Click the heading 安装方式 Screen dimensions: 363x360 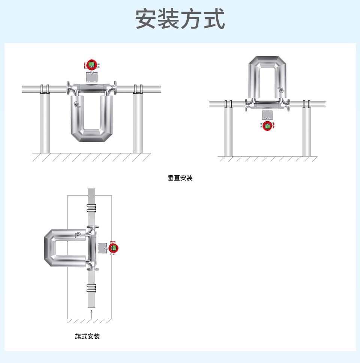click(x=180, y=20)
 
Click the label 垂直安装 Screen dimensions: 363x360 click(x=180, y=178)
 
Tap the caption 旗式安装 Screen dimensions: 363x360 click(x=87, y=336)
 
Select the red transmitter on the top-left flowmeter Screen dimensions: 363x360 click(x=91, y=65)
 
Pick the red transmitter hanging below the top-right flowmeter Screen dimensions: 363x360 click(x=267, y=125)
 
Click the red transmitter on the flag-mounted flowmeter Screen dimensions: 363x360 click(x=114, y=248)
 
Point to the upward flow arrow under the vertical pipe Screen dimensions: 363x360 click(x=90, y=313)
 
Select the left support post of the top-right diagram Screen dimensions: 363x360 click(x=228, y=131)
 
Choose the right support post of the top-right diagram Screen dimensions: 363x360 click(x=307, y=131)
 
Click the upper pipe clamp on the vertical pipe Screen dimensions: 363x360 click(x=91, y=208)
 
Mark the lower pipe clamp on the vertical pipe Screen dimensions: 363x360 click(x=91, y=288)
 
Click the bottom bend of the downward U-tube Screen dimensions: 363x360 click(x=92, y=136)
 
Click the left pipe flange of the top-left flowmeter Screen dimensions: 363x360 click(x=69, y=89)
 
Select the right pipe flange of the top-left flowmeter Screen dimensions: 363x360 click(x=115, y=89)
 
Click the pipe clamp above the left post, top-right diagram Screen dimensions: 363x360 click(x=228, y=104)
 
